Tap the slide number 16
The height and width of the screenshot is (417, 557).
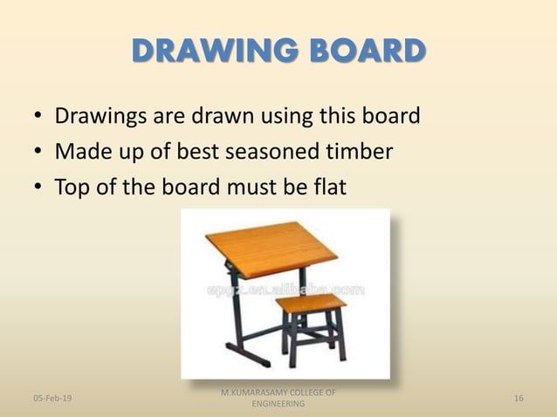(x=519, y=398)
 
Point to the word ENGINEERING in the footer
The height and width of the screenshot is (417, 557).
(x=278, y=405)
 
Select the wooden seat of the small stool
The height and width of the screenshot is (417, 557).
(x=310, y=304)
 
